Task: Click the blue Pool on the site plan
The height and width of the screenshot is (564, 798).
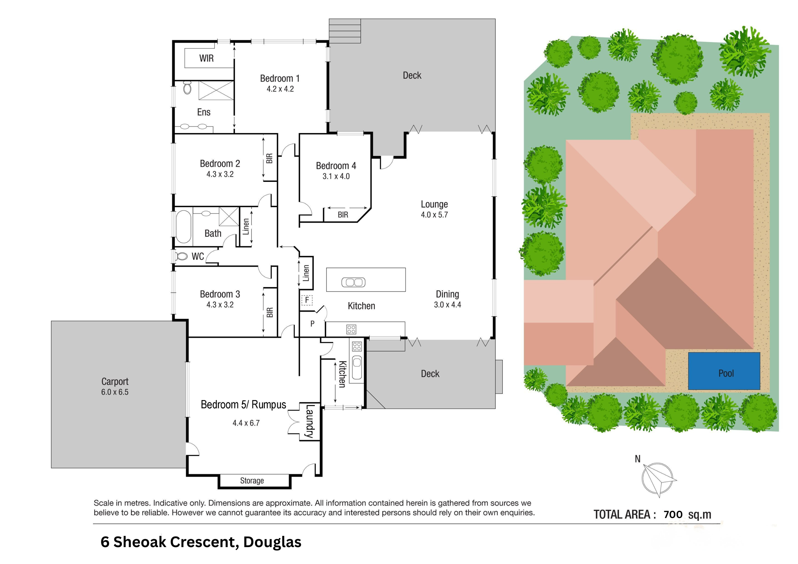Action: [724, 371]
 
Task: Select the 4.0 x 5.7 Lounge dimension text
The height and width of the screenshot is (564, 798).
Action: [434, 215]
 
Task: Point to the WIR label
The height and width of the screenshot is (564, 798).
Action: [206, 58]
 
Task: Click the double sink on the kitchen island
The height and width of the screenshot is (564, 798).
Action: [353, 282]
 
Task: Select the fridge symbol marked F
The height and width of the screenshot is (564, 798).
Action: [306, 300]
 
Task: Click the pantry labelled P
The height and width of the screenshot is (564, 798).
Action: [312, 324]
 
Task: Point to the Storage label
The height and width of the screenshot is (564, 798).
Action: [252, 481]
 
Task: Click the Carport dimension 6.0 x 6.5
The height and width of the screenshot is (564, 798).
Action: [115, 392]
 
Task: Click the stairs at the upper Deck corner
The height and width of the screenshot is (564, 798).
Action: [345, 31]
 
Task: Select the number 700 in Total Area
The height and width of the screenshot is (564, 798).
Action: [673, 514]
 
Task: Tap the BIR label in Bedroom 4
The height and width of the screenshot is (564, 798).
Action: [343, 215]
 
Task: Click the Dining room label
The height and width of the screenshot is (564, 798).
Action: [447, 294]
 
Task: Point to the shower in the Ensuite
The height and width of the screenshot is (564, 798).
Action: [216, 91]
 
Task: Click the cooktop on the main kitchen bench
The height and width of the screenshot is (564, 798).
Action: [351, 329]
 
